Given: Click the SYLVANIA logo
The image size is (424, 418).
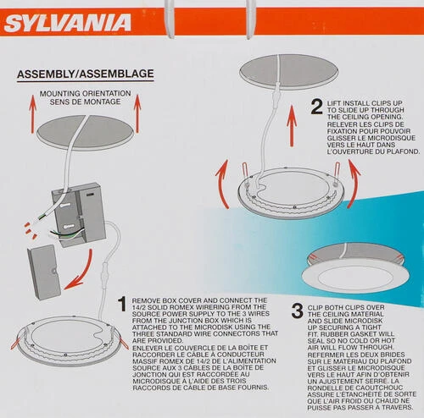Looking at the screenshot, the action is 68,23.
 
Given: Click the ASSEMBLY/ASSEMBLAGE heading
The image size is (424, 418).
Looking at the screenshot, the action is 86,74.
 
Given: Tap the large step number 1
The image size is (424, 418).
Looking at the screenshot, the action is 122,304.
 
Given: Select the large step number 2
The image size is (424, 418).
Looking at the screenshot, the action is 316,107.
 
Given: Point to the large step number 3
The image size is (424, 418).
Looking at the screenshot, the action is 298,311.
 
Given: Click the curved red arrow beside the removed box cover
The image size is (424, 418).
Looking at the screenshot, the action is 82,271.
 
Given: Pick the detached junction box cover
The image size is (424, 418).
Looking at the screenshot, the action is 44,272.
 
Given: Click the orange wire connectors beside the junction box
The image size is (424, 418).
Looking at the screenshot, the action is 31,230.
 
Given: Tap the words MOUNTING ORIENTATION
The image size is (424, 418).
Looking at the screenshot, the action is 85,93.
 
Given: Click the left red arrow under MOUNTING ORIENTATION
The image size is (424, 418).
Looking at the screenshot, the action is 33,114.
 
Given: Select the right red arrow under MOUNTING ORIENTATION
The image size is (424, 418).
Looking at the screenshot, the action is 137,113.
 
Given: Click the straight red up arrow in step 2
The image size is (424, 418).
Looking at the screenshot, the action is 292,126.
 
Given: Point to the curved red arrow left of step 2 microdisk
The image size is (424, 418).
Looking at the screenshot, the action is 222,184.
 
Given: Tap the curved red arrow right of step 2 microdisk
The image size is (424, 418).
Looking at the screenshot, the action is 354,184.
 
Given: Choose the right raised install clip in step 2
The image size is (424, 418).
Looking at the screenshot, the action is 337,173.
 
